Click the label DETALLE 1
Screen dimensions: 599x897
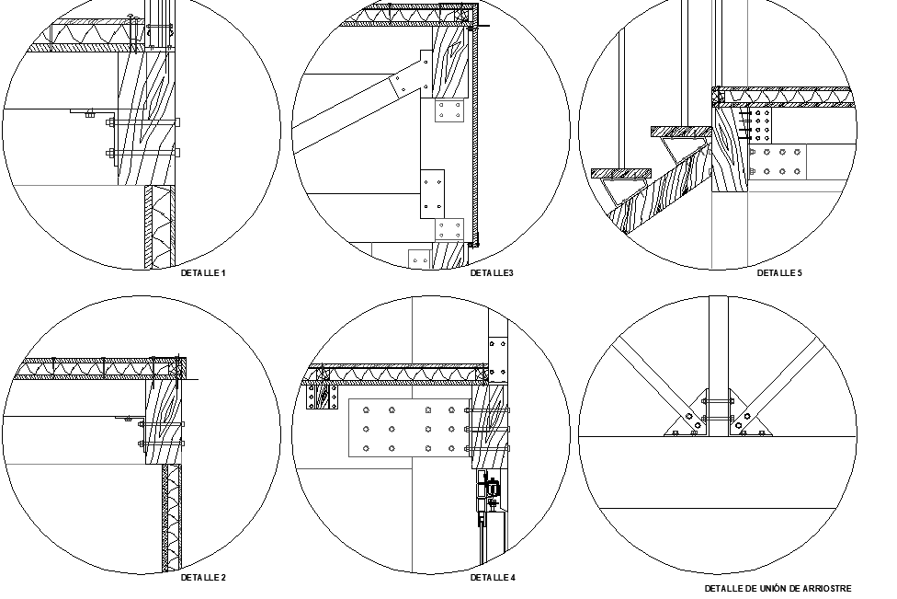203,273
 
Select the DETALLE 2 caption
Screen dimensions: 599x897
203,578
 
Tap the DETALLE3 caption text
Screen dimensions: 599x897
492,273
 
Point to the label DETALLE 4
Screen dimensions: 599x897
493,578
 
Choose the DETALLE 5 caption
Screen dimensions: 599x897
779,273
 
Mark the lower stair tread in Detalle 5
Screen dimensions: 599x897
620,173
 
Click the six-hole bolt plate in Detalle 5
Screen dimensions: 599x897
777,161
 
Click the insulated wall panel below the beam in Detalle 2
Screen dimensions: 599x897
172,515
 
